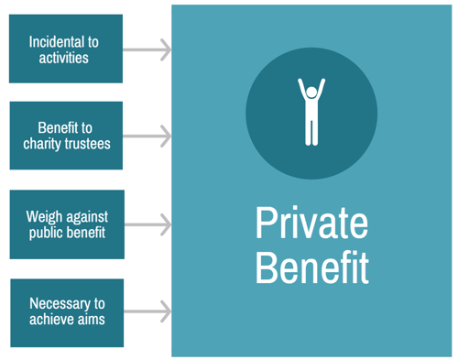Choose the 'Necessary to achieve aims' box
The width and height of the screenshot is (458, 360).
coord(66,311)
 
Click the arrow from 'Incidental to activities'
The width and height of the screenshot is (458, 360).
coord(147,49)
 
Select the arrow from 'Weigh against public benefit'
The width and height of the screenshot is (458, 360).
coord(147,224)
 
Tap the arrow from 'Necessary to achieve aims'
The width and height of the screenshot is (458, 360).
coord(147,311)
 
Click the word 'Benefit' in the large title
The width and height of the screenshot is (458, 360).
coord(311,267)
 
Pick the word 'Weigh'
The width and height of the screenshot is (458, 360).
coord(46,216)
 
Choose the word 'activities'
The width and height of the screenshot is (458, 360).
coord(66,58)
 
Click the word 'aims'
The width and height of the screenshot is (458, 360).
coord(91,320)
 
